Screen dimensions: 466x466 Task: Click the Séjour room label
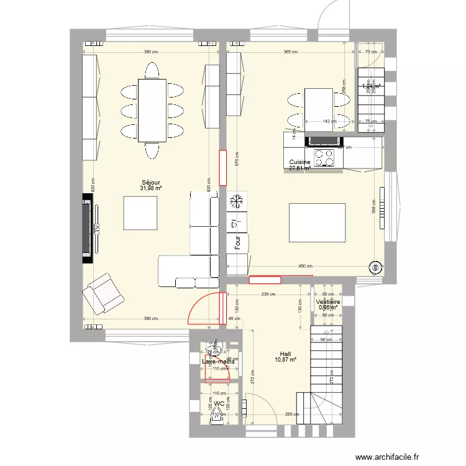pyautogui.click(x=151, y=182)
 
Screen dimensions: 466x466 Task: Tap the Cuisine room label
pyautogui.click(x=299, y=162)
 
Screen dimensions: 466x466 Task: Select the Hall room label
pyautogui.click(x=285, y=353)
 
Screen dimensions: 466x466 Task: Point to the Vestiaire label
pyautogui.click(x=328, y=301)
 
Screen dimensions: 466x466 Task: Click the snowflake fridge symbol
pyautogui.click(x=236, y=201)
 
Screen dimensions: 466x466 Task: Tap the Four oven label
pyautogui.click(x=237, y=242)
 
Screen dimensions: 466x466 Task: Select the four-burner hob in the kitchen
pyautogui.click(x=324, y=158)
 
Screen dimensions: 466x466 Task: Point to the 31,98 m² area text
pyautogui.click(x=151, y=188)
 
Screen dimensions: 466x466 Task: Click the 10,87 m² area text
pyautogui.click(x=285, y=359)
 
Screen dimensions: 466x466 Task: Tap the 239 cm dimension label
pyautogui.click(x=268, y=295)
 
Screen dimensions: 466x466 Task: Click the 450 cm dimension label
pyautogui.click(x=304, y=267)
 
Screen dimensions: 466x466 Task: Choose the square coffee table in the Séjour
pyautogui.click(x=140, y=212)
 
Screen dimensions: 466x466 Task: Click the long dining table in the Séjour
pyautogui.click(x=152, y=110)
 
